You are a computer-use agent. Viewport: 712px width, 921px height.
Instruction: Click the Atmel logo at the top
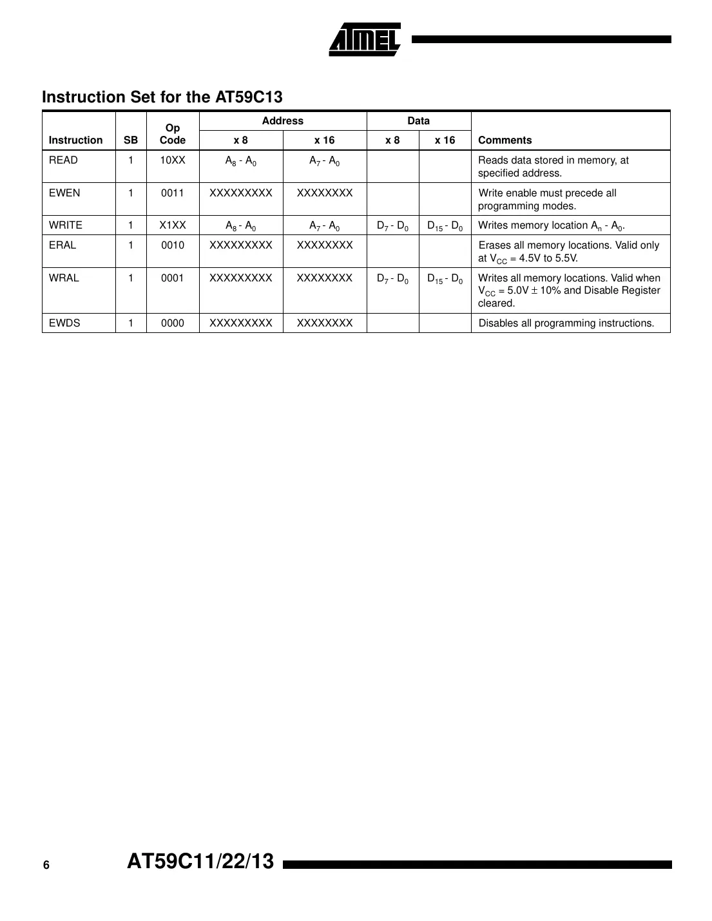pos(365,40)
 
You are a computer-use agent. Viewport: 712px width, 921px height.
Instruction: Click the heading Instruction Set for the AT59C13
pos(162,97)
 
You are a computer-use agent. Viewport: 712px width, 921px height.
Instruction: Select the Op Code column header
pos(172,133)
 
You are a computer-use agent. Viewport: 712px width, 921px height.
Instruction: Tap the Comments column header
pos(505,140)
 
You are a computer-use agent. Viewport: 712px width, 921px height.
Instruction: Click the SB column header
pos(130,140)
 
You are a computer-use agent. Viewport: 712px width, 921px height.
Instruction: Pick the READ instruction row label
pos(63,160)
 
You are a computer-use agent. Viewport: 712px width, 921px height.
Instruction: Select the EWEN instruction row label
pos(64,193)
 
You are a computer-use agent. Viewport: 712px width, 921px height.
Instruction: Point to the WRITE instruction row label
pos(66,225)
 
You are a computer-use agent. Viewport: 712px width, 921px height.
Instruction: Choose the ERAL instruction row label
pos(63,245)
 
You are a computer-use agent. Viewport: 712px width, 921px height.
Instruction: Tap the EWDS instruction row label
pos(64,323)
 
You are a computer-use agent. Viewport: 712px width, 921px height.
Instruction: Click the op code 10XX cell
pos(172,160)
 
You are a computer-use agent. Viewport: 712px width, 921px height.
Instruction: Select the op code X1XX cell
pos(172,225)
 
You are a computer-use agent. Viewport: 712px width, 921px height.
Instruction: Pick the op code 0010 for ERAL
pos(172,245)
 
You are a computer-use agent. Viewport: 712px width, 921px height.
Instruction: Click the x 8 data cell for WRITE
pos(392,226)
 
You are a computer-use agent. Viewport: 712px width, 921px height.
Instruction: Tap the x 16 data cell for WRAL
pos(445,279)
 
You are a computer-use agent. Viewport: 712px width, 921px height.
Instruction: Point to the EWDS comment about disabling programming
pos(566,323)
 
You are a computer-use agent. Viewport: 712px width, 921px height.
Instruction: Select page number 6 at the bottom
pos(46,865)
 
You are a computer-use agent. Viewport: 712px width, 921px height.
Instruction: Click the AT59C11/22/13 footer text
pos(200,861)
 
